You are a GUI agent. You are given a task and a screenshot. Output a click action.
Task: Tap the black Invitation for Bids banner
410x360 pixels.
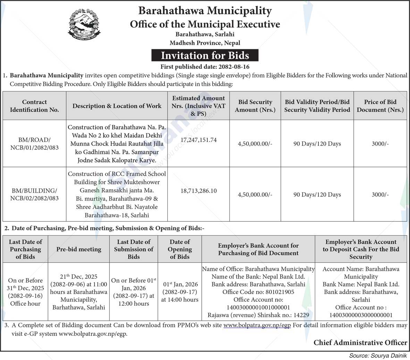pos(205,56)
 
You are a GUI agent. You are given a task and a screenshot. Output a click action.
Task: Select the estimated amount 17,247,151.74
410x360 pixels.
pos(199,140)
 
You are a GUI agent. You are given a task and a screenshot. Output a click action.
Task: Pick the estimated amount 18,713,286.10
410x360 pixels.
pos(199,191)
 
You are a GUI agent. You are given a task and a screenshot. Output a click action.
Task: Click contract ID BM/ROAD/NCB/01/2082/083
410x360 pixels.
pos(34,144)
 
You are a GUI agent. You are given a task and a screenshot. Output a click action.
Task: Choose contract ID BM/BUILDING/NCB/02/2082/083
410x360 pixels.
pos(34,194)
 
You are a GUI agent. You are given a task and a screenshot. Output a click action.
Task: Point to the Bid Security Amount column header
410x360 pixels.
pos(255,106)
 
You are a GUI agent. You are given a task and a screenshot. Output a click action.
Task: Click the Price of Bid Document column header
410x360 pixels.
pos(380,106)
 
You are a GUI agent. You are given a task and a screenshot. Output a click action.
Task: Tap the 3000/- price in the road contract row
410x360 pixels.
pos(380,144)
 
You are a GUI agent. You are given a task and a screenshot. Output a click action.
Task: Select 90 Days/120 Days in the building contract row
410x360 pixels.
pos(317,195)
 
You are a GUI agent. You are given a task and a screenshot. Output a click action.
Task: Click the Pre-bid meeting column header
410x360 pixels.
pos(79,249)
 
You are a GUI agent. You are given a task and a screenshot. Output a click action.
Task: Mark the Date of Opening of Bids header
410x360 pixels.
pos(179,249)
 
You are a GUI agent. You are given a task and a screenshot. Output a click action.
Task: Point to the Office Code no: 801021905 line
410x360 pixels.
pos(258,292)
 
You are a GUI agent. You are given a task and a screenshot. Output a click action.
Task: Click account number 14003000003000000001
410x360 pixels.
pos(361,315)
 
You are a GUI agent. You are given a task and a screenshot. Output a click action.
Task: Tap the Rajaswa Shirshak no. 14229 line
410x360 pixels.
pos(258,315)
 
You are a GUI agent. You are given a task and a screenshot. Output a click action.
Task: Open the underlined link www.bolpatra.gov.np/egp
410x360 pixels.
pos(257,326)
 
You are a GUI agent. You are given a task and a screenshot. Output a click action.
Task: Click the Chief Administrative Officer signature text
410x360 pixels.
pos(360,343)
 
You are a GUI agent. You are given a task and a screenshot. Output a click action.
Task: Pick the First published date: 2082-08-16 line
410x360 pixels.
pos(205,67)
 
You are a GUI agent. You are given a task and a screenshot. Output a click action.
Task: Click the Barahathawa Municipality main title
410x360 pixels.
pos(205,11)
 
